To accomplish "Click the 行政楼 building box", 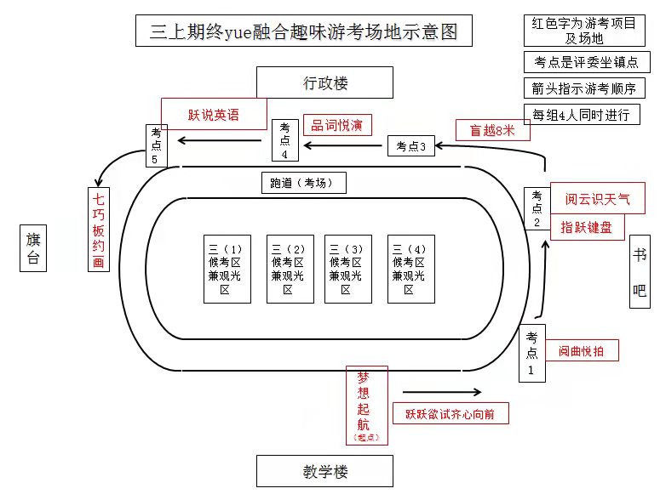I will pos(324,83).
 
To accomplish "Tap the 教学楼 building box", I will pos(324,471).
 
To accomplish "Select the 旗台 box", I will pos(33,248).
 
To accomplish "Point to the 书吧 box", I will pos(640,271).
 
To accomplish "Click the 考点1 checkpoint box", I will pos(531,353).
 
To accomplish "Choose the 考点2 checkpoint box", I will pos(537,208).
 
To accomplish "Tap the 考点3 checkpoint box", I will pos(410,145).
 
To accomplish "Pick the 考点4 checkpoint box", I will pos(284,140).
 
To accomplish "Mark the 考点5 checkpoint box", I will pos(156,145).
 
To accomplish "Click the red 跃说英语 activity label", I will pos(214,114).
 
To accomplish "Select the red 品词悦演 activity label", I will pos(336,125).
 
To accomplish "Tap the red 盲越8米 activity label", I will pos(492,130).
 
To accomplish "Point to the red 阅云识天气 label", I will pos(597,199).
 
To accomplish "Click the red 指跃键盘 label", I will pos(587,228).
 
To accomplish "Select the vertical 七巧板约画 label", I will pos(99,229).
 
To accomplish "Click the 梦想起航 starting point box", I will pos(366,405).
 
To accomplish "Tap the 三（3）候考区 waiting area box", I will pos(345,269).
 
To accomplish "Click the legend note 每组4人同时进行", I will pos(581,115).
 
